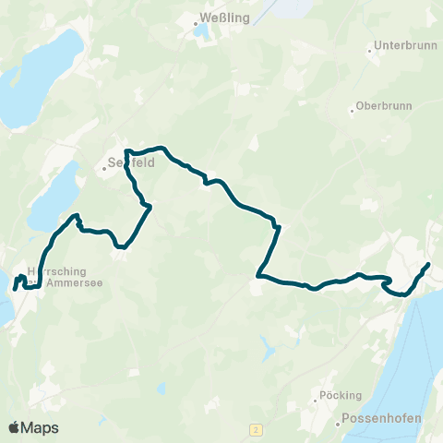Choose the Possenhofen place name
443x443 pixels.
click(x=381, y=418)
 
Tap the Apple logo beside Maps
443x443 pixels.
click(x=15, y=427)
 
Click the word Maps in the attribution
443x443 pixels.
click(x=41, y=427)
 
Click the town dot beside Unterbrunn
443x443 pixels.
click(x=370, y=51)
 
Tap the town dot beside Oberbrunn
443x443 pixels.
click(x=352, y=112)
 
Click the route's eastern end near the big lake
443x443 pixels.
click(x=428, y=266)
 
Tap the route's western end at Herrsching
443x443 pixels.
click(x=15, y=288)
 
